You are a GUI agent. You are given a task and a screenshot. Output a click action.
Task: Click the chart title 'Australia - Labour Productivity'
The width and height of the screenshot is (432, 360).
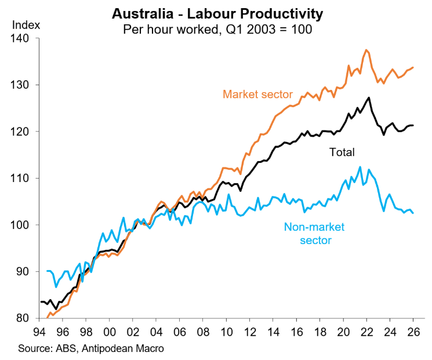[217, 12]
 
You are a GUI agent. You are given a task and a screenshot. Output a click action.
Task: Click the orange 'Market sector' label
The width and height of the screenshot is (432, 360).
[257, 94]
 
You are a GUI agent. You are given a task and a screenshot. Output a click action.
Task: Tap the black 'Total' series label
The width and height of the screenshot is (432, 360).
[342, 152]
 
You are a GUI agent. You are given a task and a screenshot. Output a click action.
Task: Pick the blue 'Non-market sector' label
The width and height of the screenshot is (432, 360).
[307, 232]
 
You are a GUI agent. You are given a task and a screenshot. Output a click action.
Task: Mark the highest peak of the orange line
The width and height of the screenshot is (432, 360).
[366, 50]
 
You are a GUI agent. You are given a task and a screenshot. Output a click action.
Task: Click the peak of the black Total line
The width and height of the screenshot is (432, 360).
[369, 97]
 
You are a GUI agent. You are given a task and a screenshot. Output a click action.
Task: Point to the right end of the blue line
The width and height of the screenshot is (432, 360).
[413, 213]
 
